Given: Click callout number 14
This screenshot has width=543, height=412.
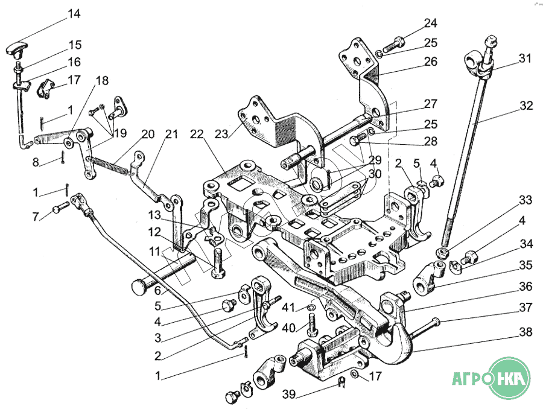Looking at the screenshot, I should point(74,13).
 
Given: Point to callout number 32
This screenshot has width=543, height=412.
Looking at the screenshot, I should point(526,105).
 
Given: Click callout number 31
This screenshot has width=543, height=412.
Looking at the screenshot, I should point(525,59).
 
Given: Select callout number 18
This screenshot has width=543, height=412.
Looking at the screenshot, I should point(102,80).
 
